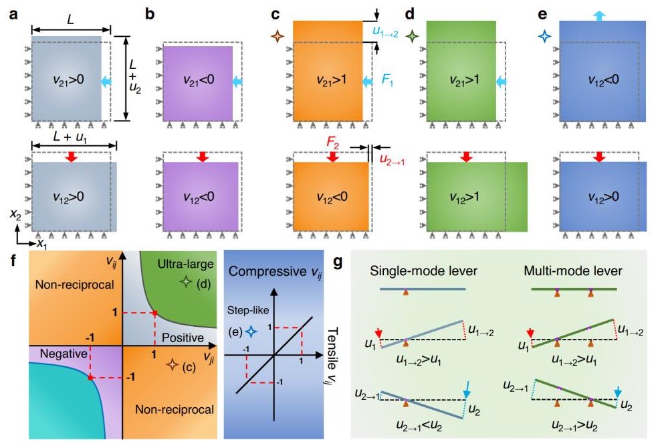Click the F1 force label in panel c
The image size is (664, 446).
389,79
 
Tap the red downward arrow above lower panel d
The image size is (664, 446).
467,157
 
